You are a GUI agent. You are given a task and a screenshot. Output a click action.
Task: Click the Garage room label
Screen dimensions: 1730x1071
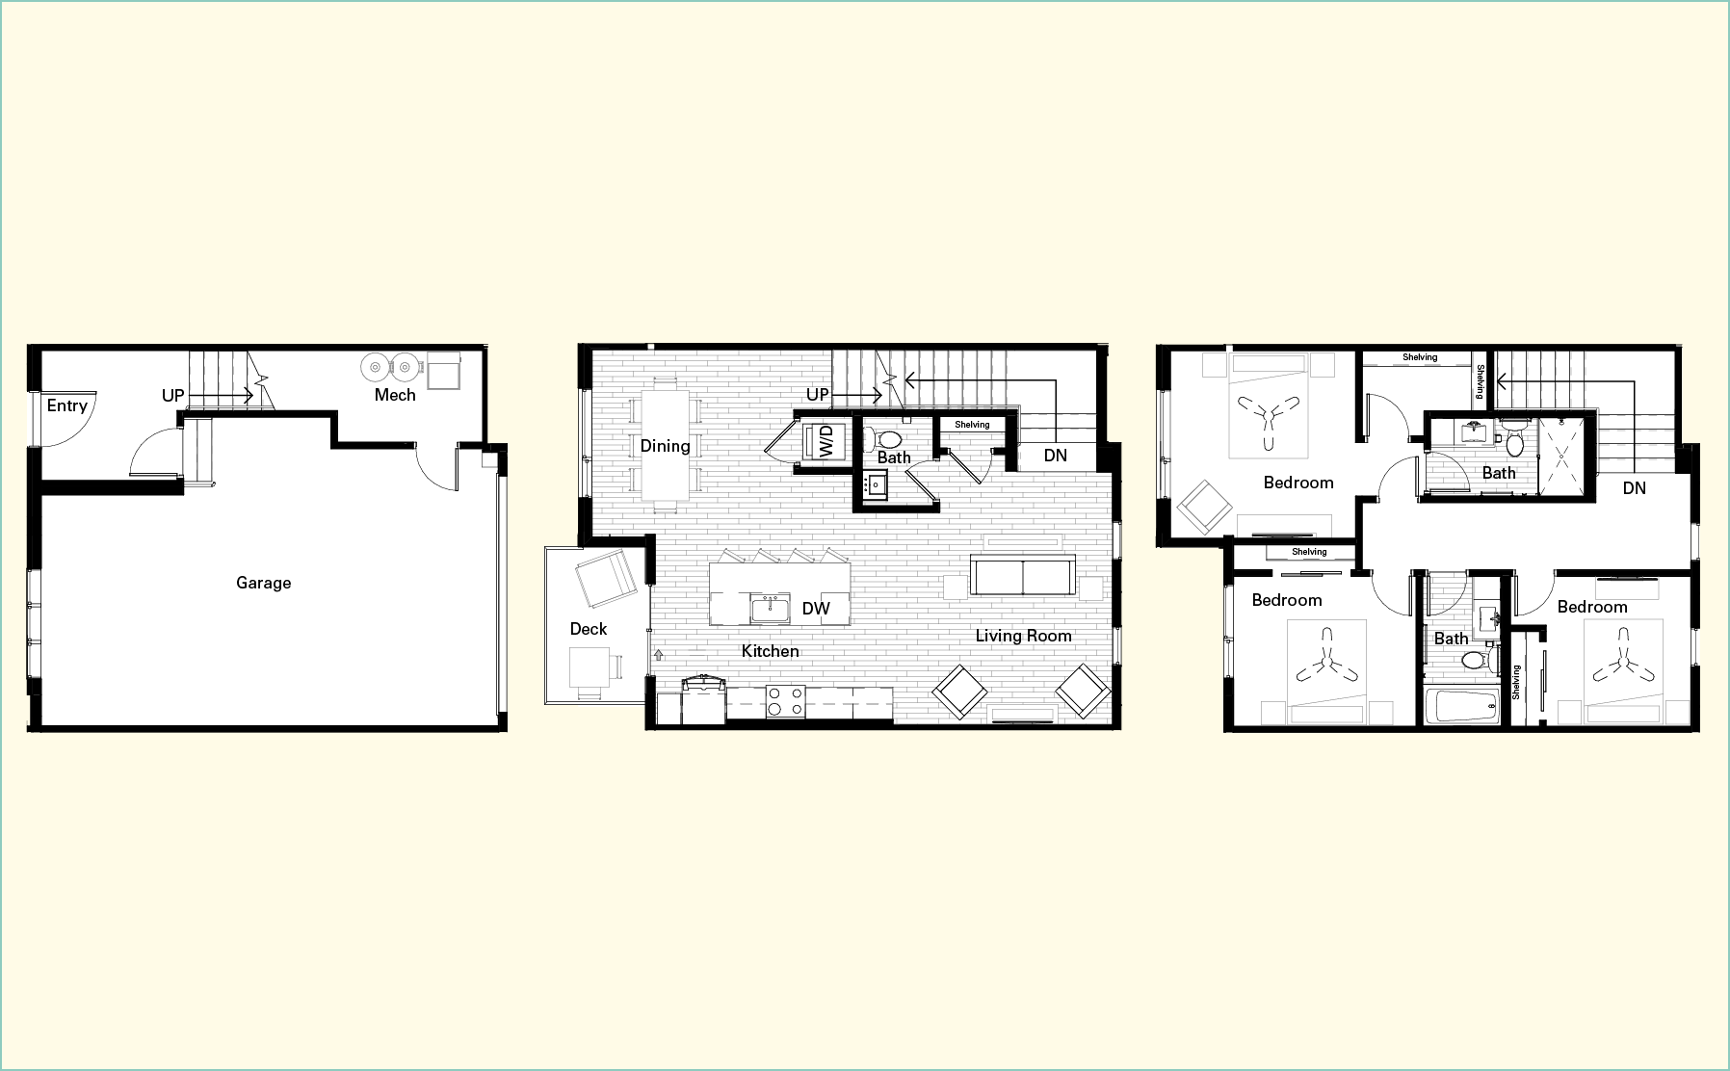point(263,583)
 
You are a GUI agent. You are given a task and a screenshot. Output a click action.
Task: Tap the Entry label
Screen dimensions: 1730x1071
point(67,405)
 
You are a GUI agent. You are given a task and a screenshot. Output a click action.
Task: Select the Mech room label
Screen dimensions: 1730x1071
point(395,395)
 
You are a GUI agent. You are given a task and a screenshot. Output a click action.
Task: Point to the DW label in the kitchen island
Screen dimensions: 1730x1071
point(816,609)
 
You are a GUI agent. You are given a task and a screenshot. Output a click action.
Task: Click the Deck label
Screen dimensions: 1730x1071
point(589,629)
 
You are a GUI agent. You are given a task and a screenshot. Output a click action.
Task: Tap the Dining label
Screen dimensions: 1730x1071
point(665,446)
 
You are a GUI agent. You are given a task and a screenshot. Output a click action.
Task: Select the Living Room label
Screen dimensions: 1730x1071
point(1023,636)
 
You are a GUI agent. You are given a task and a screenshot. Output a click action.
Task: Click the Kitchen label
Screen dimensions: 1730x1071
point(771,651)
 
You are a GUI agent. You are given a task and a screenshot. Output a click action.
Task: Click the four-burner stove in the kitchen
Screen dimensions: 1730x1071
point(785,701)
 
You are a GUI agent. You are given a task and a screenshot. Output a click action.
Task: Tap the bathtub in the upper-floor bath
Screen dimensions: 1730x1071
point(1462,706)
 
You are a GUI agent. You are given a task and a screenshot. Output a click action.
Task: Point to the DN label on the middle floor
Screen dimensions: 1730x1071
point(1056,456)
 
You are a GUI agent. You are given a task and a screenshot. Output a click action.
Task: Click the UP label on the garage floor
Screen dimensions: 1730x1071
point(173,396)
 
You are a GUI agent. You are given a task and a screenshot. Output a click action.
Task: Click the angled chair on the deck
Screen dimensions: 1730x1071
point(606,581)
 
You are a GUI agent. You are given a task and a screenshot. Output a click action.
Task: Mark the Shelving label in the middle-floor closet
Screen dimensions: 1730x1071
point(972,425)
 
